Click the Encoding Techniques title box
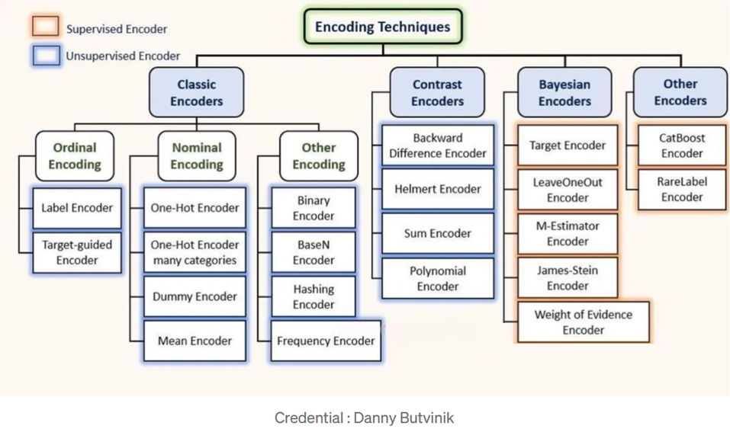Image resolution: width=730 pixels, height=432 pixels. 383,27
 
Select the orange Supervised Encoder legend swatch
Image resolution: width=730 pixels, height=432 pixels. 46,27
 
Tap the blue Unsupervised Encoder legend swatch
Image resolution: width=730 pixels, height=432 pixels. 46,56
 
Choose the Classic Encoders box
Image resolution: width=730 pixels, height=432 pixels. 197,92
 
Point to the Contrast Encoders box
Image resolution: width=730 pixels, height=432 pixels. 437,92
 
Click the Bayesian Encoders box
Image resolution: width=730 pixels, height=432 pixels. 564,92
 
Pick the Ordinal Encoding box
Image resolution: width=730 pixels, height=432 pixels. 75,155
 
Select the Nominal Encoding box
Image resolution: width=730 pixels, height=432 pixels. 197,155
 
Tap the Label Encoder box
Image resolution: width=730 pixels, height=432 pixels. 77,208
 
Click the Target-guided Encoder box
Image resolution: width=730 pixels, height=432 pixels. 77,252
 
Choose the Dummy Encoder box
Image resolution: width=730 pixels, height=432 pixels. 195,296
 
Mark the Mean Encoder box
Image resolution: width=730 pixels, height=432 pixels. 195,341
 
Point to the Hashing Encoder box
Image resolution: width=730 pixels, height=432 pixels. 314,296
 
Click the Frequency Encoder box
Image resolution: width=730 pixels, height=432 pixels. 326,341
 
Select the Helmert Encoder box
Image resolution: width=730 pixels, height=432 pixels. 438,189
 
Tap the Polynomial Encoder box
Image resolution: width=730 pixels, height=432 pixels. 438,279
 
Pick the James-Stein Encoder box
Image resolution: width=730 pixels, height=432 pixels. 568,278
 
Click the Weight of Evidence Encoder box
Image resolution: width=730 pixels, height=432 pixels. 584,322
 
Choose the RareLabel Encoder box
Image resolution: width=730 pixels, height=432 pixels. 682,189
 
